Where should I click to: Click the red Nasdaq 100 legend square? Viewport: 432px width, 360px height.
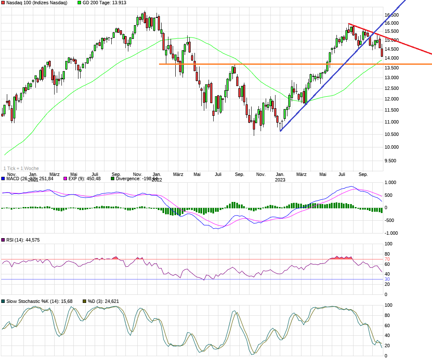[3, 3]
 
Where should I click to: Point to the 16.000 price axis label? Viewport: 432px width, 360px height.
[391, 23]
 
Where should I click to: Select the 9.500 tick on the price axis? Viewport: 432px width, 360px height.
[391, 161]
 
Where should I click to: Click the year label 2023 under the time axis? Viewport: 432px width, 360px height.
[280, 180]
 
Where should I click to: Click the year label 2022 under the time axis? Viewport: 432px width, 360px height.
[157, 180]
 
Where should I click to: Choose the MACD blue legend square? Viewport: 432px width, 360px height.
[3, 179]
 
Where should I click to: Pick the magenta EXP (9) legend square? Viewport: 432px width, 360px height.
[65, 179]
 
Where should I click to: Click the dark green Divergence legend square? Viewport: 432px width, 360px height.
[113, 179]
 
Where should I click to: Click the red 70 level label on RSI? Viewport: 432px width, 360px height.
[387, 259]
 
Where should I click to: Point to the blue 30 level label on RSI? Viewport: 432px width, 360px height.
[387, 279]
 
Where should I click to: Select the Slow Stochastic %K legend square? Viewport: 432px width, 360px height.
[3, 302]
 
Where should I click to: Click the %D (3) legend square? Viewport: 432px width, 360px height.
[84, 302]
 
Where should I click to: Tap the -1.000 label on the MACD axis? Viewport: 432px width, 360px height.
[391, 233]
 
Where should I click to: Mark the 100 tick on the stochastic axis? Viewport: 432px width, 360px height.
[389, 305]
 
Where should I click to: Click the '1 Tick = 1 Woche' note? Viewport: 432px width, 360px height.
[21, 168]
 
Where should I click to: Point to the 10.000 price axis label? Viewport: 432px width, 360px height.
[391, 147]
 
